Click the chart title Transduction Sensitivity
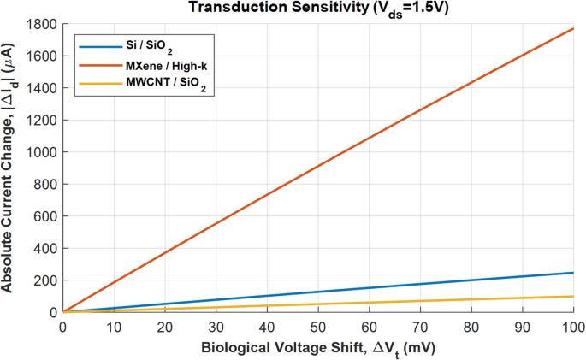317,8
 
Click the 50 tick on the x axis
317,327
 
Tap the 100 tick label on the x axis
572,327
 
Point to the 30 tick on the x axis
216,327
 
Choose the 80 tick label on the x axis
471,327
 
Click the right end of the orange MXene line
572,28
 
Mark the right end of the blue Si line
572,273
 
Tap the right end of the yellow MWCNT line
572,297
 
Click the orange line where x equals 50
317,170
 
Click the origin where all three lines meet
62,312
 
